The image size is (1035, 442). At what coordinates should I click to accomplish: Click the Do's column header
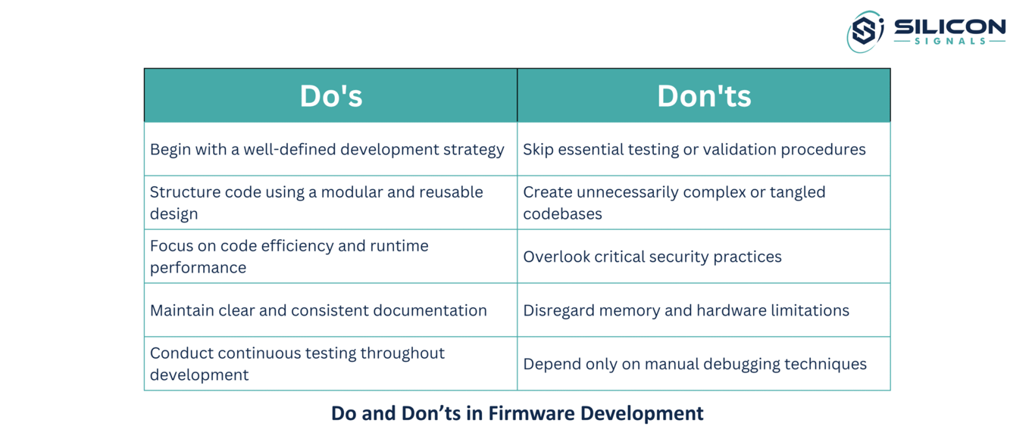pos(331,96)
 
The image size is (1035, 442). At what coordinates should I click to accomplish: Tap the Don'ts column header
pos(704,96)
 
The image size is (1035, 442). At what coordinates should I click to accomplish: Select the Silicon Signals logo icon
pos(865,31)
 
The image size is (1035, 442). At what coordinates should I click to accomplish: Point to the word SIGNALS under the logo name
pos(950,42)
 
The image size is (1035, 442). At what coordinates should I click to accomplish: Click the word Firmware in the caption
pos(531,413)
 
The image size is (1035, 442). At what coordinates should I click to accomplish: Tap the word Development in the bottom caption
pos(642,414)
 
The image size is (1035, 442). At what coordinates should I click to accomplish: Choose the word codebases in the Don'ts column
pos(562,214)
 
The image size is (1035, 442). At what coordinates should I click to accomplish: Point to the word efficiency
pos(297,246)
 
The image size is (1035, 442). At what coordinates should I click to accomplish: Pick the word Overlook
pos(556,257)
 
